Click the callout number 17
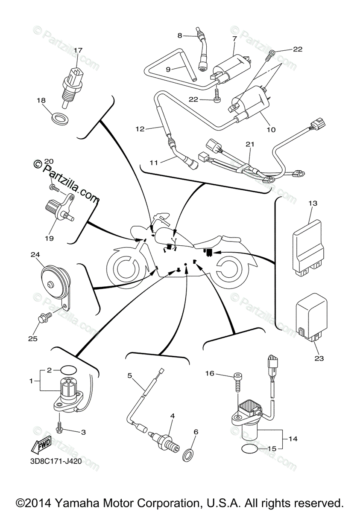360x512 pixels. (78, 50)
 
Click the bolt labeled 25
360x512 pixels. (44, 317)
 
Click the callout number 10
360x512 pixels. (271, 129)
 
